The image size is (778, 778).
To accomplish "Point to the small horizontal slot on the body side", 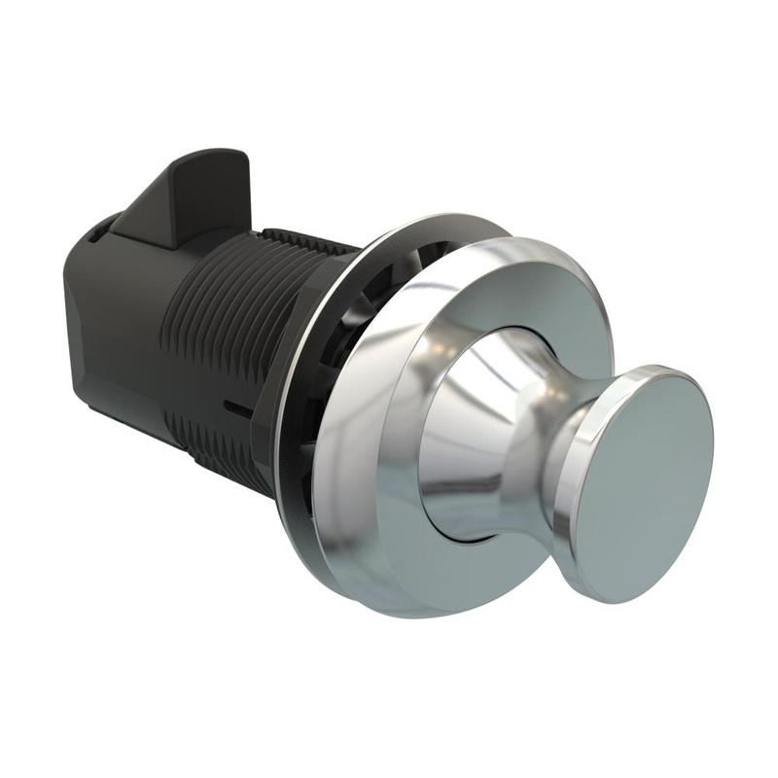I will pyautogui.click(x=231, y=400).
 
